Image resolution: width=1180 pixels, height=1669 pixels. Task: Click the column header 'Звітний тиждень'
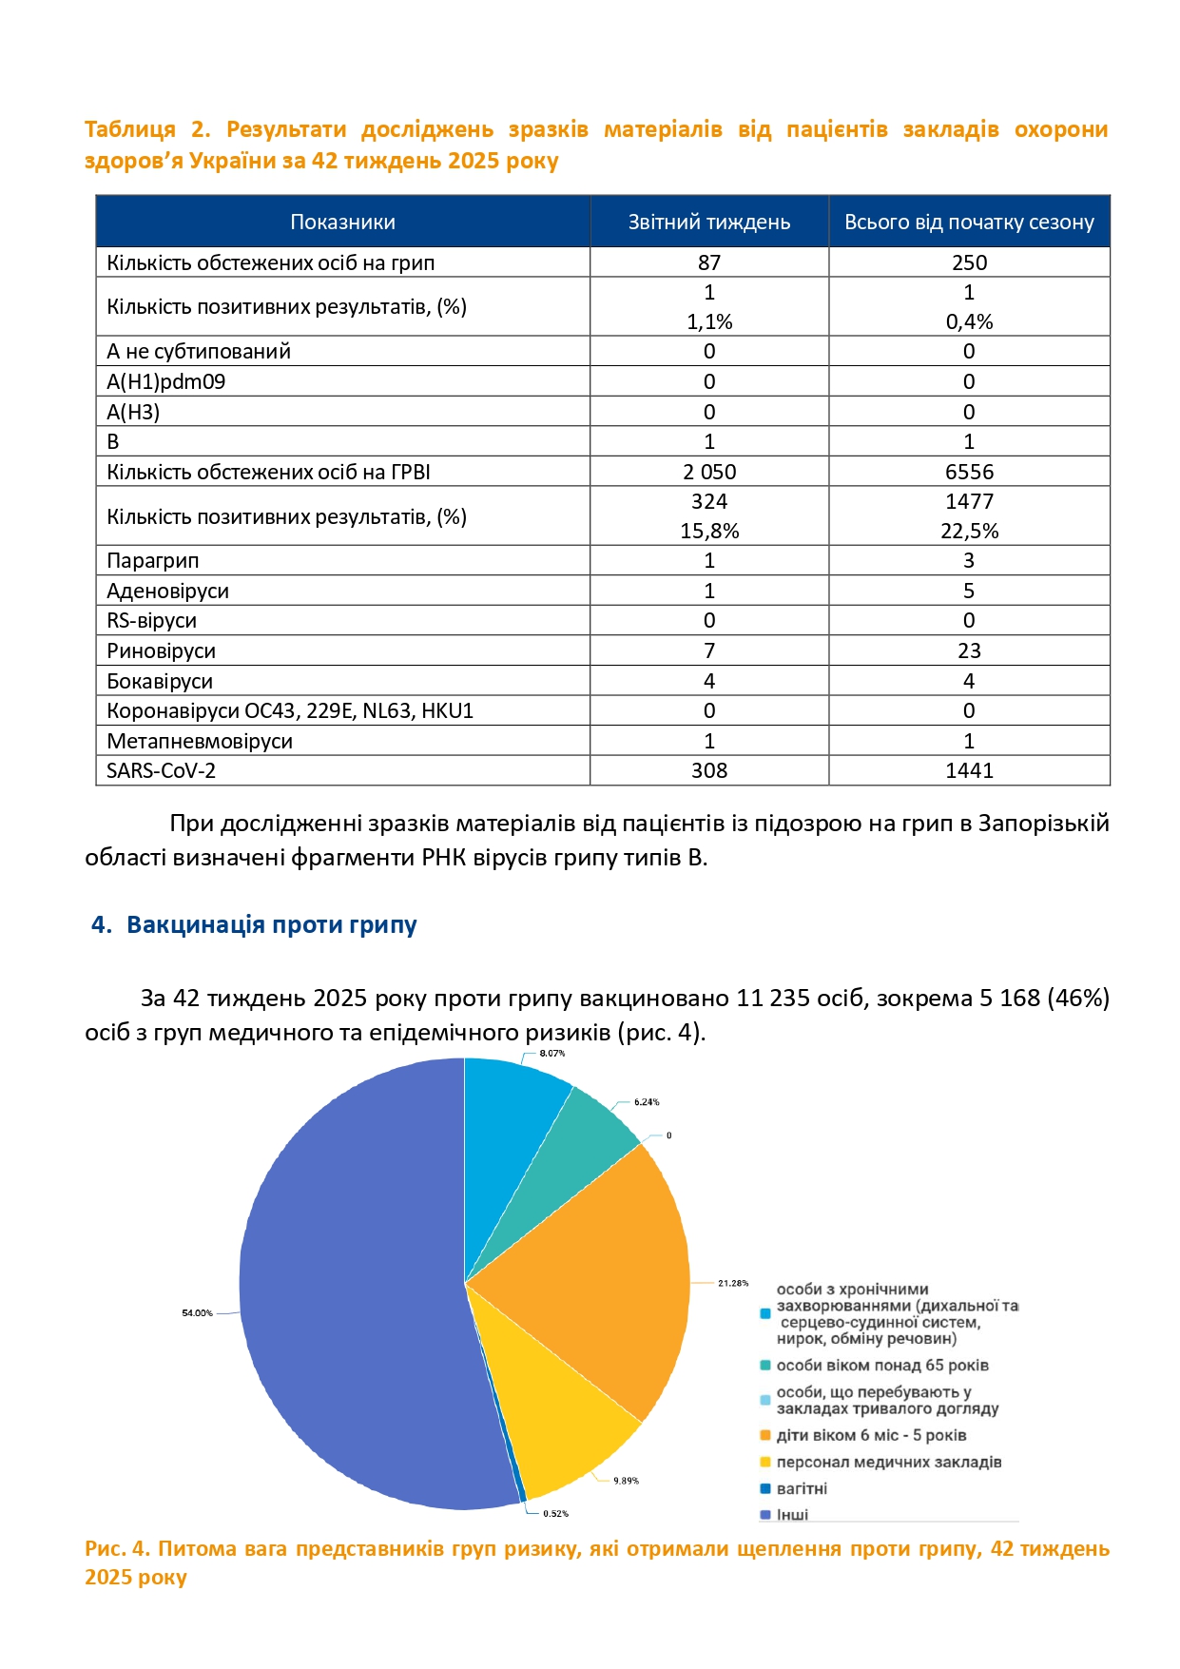click(x=708, y=223)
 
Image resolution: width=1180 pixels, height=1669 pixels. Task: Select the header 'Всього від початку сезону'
click(x=969, y=223)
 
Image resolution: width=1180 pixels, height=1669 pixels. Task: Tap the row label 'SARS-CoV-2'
click(x=161, y=771)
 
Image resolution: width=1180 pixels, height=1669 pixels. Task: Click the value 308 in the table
click(x=708, y=771)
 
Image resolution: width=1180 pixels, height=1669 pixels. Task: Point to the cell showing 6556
click(x=969, y=472)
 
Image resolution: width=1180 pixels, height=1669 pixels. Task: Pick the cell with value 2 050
click(x=708, y=472)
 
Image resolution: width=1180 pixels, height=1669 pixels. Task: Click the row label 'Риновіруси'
click(x=161, y=651)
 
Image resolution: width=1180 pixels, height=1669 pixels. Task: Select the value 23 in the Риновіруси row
click(x=969, y=651)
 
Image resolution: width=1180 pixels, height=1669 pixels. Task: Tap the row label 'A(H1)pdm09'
click(x=165, y=382)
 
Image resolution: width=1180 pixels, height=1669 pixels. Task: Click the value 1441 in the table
click(x=969, y=771)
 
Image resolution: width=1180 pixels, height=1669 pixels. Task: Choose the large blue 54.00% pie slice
click(x=352, y=1284)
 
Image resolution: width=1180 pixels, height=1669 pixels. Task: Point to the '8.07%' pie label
click(x=552, y=1054)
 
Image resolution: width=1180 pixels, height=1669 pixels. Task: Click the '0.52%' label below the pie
click(x=556, y=1514)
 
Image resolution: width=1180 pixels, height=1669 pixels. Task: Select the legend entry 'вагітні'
click(x=802, y=1489)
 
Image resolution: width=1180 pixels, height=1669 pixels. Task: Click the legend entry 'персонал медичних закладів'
click(x=888, y=1463)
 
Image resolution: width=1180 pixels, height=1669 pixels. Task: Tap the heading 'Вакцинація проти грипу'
click(x=271, y=925)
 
